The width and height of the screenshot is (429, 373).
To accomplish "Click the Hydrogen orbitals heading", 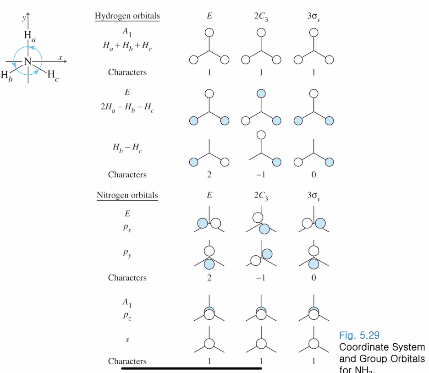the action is tap(127, 16).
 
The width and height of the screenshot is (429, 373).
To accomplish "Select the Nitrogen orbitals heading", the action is tap(127, 195).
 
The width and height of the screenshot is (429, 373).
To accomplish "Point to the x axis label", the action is tap(60, 58).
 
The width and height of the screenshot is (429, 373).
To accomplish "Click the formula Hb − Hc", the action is tap(127, 148).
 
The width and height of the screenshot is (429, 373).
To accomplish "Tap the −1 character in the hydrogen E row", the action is tap(261, 175).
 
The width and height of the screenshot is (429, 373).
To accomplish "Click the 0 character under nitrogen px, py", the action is tap(313, 278).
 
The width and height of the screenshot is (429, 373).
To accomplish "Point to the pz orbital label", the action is tap(127, 316).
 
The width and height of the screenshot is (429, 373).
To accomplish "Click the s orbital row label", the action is tap(127, 340).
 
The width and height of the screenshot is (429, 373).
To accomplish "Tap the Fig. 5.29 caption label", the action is tap(359, 335).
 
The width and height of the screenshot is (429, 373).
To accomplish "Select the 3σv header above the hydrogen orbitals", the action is tap(313, 17).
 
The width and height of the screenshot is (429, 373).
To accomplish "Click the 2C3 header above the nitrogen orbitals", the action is tap(261, 196).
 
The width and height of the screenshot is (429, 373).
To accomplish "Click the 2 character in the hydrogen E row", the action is tap(209, 175).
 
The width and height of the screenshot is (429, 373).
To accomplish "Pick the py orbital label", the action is tap(127, 253).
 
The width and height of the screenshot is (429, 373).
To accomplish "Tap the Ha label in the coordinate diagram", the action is tap(29, 36).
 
